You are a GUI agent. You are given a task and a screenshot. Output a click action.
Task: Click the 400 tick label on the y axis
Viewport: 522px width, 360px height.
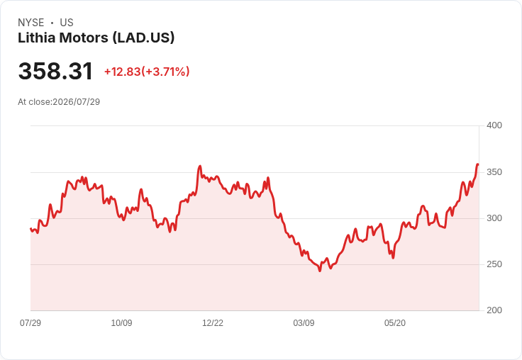point(494,125)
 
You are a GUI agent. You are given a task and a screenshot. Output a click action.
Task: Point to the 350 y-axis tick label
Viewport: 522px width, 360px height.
point(494,172)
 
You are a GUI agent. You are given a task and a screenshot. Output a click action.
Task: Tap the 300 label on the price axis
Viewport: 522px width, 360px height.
point(494,218)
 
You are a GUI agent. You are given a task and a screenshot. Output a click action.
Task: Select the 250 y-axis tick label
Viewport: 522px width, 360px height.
point(494,264)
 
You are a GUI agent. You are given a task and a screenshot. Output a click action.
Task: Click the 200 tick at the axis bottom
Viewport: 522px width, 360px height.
point(494,310)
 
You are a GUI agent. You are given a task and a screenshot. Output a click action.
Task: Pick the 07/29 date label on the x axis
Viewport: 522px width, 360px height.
point(30,322)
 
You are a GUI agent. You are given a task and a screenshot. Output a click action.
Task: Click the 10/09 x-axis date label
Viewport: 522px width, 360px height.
point(121,322)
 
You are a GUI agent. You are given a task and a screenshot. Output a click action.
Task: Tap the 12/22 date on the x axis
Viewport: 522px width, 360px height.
point(213,322)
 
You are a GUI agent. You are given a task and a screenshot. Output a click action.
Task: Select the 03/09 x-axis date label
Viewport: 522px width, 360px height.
point(304,322)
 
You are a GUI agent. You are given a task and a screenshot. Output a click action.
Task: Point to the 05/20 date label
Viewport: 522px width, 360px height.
point(395,322)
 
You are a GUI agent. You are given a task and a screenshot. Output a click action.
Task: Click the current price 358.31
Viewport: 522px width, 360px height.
point(55,71)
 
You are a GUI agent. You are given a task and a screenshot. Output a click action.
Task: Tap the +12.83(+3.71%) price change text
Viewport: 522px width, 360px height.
point(147,72)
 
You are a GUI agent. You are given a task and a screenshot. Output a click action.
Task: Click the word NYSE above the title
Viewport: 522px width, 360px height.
point(31,23)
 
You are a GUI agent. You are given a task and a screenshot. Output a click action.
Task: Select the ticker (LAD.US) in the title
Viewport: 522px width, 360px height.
point(143,38)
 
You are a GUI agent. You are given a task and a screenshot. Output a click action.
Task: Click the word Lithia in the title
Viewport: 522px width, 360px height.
point(36,38)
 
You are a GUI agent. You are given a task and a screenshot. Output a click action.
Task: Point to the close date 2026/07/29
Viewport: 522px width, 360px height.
point(76,102)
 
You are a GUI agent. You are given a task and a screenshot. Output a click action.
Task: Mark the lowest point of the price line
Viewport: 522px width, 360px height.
point(320,271)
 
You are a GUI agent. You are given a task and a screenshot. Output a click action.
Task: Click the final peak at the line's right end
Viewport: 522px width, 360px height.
point(478,164)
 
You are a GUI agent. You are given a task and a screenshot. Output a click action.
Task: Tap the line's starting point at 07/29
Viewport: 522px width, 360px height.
point(30,229)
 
